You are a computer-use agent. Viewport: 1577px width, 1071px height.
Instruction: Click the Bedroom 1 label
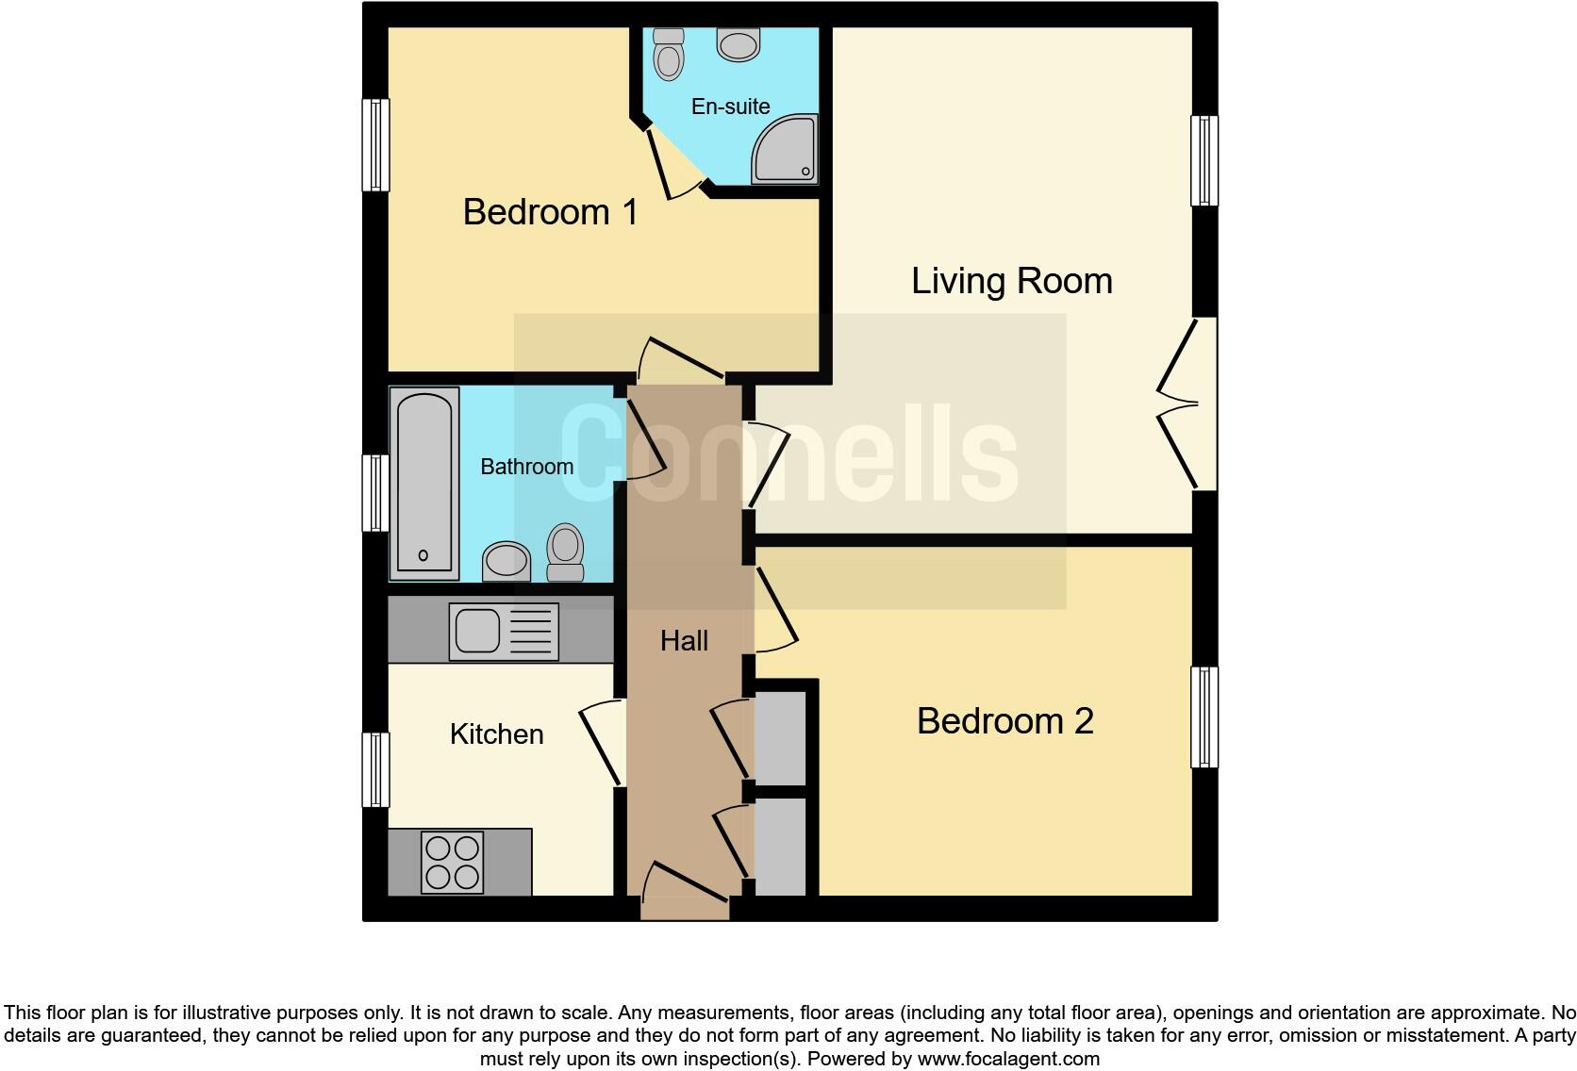[x=550, y=212]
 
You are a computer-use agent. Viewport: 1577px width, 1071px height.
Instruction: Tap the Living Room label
[x=1011, y=281]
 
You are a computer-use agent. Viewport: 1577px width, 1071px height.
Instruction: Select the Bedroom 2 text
[x=1004, y=721]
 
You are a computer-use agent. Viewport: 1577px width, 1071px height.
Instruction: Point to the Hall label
[x=684, y=641]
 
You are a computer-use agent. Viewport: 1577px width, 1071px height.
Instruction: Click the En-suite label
[x=730, y=107]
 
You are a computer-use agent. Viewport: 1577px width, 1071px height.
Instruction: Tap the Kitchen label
[x=496, y=734]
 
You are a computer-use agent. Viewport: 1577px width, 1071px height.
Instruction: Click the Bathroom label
[x=526, y=467]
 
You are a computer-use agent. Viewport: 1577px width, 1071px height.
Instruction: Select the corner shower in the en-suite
[x=784, y=150]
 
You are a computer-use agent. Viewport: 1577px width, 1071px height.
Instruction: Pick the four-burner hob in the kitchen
[x=453, y=863]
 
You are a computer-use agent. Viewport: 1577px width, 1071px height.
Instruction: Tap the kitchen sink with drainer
[x=504, y=631]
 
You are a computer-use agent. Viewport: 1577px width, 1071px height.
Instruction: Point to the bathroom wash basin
[x=506, y=562]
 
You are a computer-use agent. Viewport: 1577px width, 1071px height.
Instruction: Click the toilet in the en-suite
[x=669, y=55]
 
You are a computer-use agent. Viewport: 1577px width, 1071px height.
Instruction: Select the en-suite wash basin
[x=738, y=44]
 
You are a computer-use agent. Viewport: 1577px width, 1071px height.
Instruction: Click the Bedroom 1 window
[x=376, y=145]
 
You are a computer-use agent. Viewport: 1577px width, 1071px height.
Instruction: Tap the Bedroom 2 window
[x=1204, y=717]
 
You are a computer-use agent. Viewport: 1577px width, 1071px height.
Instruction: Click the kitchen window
[x=376, y=769]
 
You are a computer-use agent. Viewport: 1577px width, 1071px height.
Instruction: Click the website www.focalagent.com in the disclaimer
[x=1007, y=1059]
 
